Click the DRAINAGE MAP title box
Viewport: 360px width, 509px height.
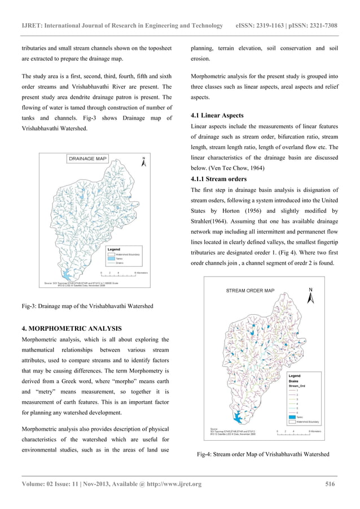(x=87, y=159)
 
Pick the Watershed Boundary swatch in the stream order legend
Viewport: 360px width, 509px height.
(x=293, y=421)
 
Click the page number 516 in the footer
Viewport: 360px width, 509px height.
(x=331, y=484)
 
